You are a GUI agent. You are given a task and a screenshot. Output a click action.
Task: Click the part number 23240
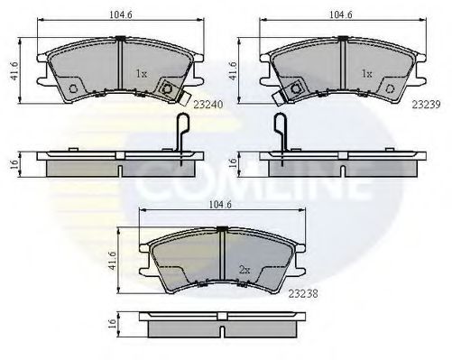click(208, 105)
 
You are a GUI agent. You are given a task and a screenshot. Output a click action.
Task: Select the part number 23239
click(426, 105)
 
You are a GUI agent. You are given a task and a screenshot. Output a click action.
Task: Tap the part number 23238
click(303, 293)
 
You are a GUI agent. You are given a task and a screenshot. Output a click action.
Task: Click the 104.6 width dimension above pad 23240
click(121, 14)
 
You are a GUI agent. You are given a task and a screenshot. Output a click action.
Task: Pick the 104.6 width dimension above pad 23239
click(341, 14)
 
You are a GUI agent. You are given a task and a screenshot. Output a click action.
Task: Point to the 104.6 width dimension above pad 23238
click(220, 205)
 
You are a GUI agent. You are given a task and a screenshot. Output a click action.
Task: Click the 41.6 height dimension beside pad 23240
click(14, 71)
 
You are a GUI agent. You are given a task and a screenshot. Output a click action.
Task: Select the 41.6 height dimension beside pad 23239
click(234, 71)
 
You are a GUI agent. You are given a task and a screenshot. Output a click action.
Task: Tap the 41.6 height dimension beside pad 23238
click(112, 261)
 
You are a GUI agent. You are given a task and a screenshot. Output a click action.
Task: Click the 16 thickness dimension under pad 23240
click(14, 164)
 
